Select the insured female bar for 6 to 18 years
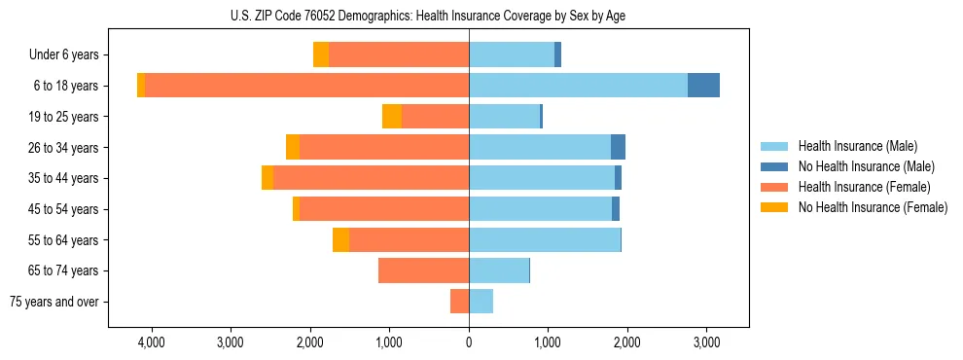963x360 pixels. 306,86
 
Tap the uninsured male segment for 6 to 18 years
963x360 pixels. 703,86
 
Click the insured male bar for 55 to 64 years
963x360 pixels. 545,240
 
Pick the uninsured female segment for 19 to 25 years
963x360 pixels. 392,117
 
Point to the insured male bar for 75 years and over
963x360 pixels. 481,302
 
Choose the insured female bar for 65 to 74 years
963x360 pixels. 423,270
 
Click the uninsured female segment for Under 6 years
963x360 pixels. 321,54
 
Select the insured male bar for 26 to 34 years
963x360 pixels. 540,147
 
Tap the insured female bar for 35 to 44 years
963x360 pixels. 371,178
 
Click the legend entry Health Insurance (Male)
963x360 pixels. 857,146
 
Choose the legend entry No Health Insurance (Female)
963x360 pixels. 873,207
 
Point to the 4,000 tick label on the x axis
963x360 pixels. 152,342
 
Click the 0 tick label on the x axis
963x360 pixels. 469,342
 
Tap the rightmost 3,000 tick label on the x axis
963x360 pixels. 706,342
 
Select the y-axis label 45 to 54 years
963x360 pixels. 63,209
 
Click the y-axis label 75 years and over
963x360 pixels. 53,302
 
